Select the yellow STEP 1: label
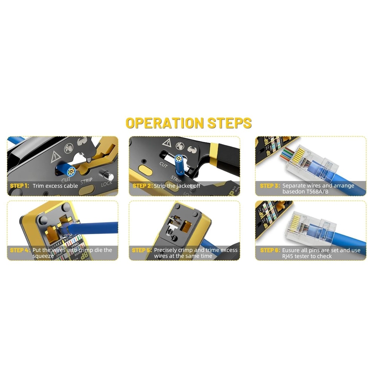tap(19, 186)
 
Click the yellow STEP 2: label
tap(142, 186)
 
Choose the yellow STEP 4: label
tap(19, 250)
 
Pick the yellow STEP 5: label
tap(142, 250)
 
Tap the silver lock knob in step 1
tap(108, 176)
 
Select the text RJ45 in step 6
tap(289, 256)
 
